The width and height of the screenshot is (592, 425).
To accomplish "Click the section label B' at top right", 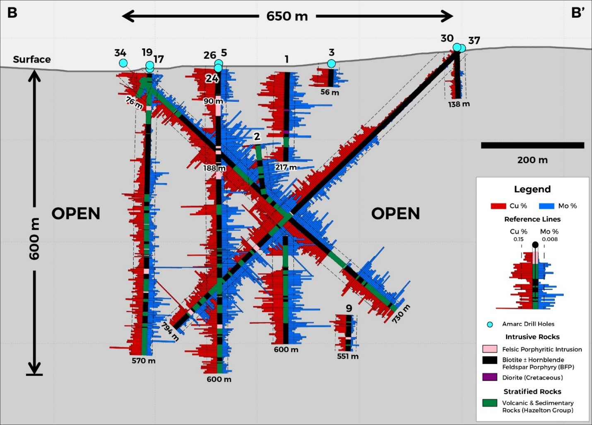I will [578, 13].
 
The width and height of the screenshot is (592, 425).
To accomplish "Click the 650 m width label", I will [287, 16].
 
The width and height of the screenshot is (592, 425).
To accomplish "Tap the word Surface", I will [32, 60].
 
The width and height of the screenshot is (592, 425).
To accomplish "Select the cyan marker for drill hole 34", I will [123, 63].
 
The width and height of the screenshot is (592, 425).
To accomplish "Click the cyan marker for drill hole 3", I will [331, 64].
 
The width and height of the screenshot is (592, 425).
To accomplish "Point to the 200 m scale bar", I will [532, 146].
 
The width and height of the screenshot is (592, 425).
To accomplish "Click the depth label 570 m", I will [144, 361].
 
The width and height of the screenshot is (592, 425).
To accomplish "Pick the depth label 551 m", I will [348, 356].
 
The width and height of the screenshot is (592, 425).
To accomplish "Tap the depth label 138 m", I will [459, 104].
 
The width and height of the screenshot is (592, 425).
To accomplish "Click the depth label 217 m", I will [286, 167].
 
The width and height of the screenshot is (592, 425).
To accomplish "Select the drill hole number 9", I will [349, 308].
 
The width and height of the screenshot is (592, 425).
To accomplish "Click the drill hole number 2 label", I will [257, 136].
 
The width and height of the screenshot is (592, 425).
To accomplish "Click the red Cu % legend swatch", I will [498, 206].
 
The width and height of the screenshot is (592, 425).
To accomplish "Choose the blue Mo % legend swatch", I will [546, 206].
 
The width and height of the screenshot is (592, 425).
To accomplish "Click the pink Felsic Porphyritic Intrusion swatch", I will [490, 349].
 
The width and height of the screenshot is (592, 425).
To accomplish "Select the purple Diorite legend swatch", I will [490, 377].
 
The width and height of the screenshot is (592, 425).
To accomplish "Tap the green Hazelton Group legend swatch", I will [490, 403].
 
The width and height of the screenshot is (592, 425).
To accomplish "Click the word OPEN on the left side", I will [76, 214].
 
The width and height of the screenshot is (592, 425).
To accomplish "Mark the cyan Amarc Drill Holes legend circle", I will [490, 325].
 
